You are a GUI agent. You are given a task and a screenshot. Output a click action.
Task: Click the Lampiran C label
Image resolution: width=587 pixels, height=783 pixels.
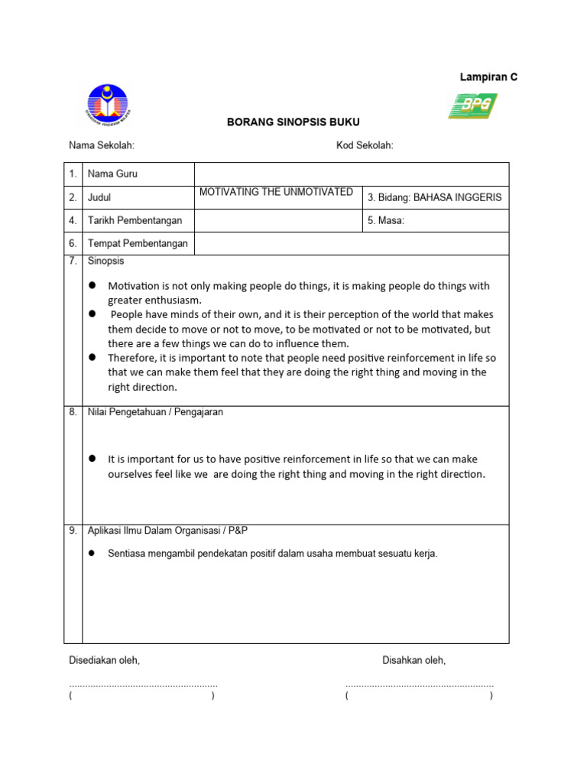click(x=488, y=77)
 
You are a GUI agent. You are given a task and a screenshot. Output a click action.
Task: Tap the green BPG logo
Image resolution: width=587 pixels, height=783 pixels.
click(x=472, y=106)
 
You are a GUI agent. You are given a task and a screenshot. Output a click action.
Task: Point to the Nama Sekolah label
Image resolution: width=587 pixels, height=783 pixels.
click(x=102, y=146)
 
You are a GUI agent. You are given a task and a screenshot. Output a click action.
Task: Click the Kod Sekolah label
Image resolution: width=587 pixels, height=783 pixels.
click(x=365, y=146)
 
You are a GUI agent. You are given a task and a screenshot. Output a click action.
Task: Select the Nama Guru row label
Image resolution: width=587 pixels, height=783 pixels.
click(x=112, y=174)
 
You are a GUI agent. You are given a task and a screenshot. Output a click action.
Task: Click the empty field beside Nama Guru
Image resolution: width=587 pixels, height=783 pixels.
click(x=352, y=174)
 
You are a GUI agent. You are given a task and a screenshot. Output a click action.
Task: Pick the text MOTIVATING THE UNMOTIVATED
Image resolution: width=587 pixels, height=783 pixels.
click(x=276, y=192)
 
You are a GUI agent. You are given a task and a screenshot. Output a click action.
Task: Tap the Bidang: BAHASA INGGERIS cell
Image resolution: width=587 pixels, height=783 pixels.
click(x=435, y=197)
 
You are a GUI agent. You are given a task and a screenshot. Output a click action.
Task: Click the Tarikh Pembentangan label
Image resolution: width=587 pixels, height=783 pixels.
click(x=135, y=221)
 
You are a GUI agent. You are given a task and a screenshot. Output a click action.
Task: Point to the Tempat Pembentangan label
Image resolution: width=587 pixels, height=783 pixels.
click(x=138, y=244)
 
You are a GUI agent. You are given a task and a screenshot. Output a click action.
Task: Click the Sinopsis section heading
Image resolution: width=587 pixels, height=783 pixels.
click(x=106, y=262)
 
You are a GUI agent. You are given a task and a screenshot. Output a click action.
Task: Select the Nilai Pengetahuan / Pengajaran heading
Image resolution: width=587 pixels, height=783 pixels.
click(x=155, y=412)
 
